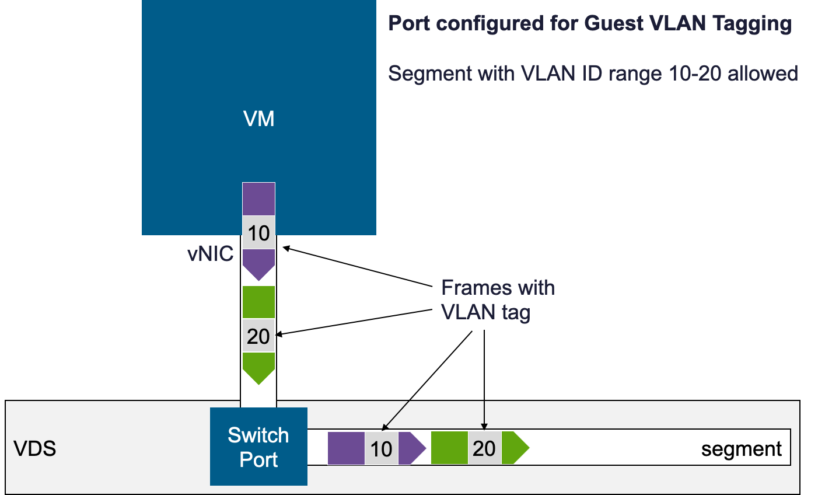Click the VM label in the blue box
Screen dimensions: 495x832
click(x=258, y=119)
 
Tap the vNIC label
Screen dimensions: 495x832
click(x=210, y=254)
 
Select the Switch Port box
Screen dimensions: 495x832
click(x=258, y=447)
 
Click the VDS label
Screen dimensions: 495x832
click(x=35, y=449)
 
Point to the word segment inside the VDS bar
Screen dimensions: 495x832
click(x=741, y=449)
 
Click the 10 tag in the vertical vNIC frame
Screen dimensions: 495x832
click(x=258, y=233)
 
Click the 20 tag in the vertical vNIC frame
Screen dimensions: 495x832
click(x=258, y=336)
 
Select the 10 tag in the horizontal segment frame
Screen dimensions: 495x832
click(x=382, y=449)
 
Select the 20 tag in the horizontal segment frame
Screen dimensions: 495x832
click(x=484, y=448)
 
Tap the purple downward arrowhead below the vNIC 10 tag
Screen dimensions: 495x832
click(x=258, y=264)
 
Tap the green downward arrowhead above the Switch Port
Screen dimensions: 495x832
click(x=258, y=367)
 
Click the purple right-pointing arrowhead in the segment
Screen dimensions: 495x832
click(x=411, y=449)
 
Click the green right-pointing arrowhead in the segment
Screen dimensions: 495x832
click(x=513, y=448)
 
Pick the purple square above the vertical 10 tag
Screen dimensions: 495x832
click(x=258, y=199)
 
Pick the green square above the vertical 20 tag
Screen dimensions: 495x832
click(x=258, y=302)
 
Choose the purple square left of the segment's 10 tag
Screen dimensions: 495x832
click(x=346, y=449)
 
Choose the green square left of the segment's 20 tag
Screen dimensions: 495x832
click(x=449, y=448)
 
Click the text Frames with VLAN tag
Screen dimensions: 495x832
click(x=497, y=300)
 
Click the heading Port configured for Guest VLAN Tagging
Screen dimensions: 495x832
click(x=589, y=24)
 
